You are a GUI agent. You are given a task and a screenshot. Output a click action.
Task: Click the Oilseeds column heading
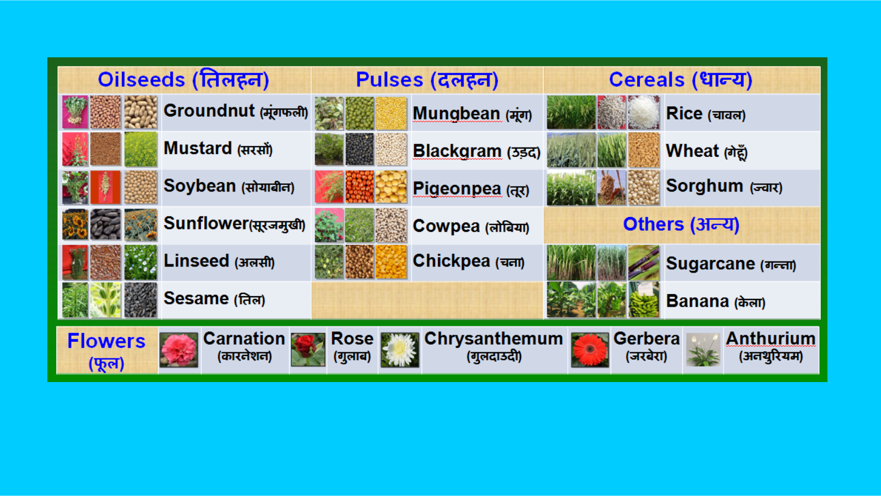pyautogui.click(x=184, y=79)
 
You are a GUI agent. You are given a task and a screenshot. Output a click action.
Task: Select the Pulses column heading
pyautogui.click(x=427, y=79)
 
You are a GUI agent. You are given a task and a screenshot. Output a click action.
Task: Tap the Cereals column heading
pyautogui.click(x=681, y=79)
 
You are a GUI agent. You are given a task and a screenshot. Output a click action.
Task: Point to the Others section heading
pyautogui.click(x=681, y=224)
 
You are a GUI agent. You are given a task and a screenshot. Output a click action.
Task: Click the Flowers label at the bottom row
pyautogui.click(x=106, y=351)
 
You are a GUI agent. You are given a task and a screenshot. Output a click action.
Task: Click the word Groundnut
pyautogui.click(x=209, y=111)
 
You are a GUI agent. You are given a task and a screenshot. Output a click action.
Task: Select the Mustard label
pyautogui.click(x=198, y=148)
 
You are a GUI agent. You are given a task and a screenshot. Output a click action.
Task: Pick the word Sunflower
pyautogui.click(x=206, y=224)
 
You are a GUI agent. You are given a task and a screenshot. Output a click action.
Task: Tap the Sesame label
pyautogui.click(x=196, y=298)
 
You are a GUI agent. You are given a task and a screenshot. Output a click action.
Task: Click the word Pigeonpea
pyautogui.click(x=457, y=188)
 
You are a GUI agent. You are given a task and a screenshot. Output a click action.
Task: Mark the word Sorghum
pyautogui.click(x=704, y=186)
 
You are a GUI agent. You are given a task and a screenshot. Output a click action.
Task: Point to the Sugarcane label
pyautogui.click(x=711, y=264)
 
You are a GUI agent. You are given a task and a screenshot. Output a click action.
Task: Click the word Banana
pyautogui.click(x=698, y=301)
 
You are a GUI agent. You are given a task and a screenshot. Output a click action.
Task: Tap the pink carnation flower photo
pyautogui.click(x=178, y=350)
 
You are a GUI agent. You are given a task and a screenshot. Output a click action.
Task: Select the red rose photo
pyautogui.click(x=308, y=350)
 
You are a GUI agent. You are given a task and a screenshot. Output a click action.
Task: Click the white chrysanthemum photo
pyautogui.click(x=400, y=350)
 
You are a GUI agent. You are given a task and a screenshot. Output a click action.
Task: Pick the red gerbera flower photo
pyautogui.click(x=590, y=350)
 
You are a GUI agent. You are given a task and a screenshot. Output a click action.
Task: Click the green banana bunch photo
pyautogui.click(x=644, y=299)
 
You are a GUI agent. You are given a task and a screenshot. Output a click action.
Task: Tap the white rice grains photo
pyautogui.click(x=644, y=112)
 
